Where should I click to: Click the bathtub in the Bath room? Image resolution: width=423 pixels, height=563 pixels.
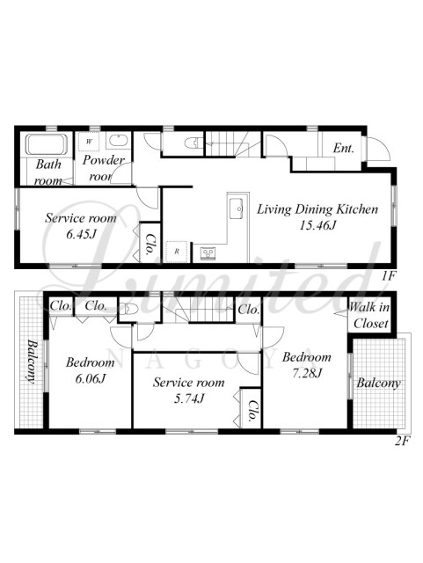(x=47, y=144)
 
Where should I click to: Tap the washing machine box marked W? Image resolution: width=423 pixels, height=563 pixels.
(x=89, y=141)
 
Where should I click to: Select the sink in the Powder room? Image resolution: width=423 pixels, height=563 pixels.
(x=118, y=141)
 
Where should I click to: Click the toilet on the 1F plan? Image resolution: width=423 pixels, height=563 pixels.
(x=192, y=143)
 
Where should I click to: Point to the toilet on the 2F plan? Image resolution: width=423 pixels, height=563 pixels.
(x=128, y=308)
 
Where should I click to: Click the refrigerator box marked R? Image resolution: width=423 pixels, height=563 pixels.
(x=177, y=252)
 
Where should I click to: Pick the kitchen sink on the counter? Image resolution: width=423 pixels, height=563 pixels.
(x=237, y=208)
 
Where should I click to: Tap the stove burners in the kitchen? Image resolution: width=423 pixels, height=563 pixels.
(x=207, y=253)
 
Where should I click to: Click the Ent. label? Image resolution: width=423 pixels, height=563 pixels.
(x=343, y=148)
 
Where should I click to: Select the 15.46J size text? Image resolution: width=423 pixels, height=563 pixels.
(x=317, y=225)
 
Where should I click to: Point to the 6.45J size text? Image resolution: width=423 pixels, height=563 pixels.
(x=81, y=234)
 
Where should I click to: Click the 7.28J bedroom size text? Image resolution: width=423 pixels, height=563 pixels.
(x=307, y=373)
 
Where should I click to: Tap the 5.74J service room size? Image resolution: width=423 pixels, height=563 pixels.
(x=189, y=398)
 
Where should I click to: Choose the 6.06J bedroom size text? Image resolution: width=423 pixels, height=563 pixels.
(x=90, y=378)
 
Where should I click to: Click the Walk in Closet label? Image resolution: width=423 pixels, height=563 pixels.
(x=369, y=315)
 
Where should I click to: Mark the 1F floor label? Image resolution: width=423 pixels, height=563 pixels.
(x=388, y=275)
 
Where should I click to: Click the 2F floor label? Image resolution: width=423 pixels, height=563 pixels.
(x=402, y=441)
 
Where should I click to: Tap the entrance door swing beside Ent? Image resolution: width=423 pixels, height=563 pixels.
(x=379, y=150)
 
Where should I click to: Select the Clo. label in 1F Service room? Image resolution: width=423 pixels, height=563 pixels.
(x=150, y=245)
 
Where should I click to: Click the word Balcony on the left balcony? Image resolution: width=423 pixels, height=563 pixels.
(x=32, y=362)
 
